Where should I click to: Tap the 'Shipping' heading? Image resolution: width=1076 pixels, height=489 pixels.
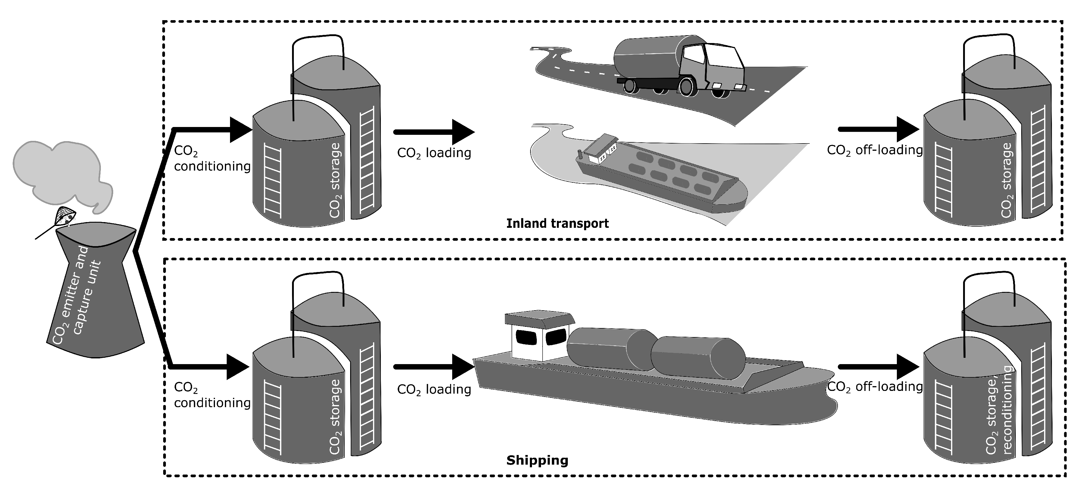click(x=537, y=460)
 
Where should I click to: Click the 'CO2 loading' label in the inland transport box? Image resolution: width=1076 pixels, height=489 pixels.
click(x=434, y=153)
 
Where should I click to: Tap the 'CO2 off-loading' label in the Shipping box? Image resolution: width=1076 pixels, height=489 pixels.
click(x=875, y=387)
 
